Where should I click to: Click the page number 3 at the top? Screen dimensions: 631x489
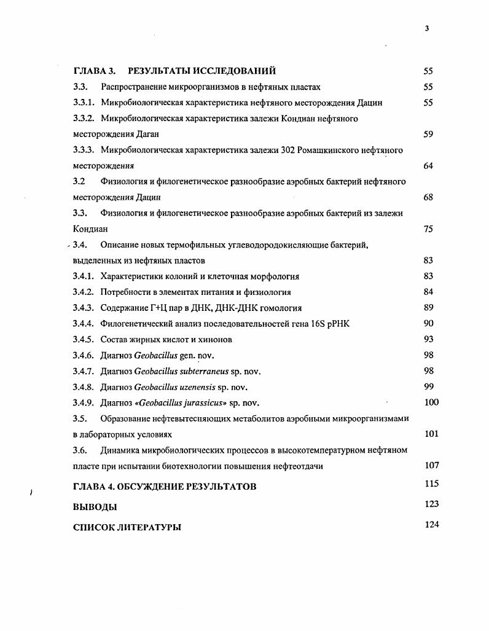tap(426, 27)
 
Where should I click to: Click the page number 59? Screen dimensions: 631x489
tap(428, 134)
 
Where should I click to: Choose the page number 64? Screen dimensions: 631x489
tap(428, 166)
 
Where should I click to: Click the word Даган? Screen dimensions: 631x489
tap(154, 134)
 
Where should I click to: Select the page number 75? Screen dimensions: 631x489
tap(428, 229)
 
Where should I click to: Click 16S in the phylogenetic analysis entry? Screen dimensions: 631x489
tap(323, 324)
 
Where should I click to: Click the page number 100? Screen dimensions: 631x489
tap(431, 402)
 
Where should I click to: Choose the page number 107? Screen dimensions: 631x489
tap(431, 466)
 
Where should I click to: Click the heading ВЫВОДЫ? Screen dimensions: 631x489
tap(95, 508)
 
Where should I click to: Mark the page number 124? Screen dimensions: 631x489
tap(431, 525)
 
